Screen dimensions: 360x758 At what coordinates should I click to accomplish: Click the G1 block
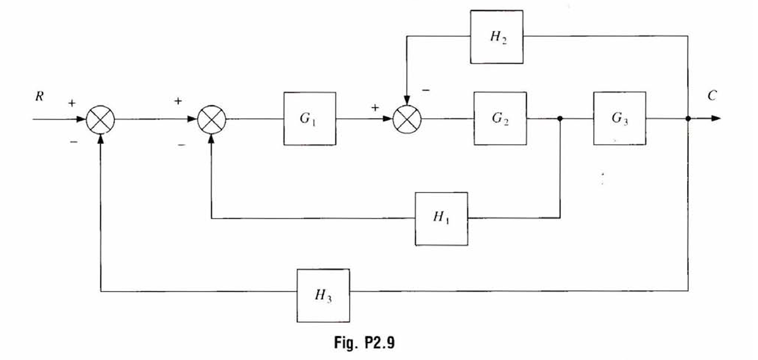click(x=309, y=118)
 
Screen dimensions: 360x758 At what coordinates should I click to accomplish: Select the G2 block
click(x=500, y=118)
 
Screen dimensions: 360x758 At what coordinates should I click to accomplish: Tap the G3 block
click(x=619, y=118)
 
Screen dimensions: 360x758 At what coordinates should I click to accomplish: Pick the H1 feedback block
click(x=441, y=218)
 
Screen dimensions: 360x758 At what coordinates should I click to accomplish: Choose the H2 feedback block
click(x=496, y=37)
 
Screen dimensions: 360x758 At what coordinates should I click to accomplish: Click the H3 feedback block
click(x=323, y=295)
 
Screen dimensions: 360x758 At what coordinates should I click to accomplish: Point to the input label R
click(x=39, y=97)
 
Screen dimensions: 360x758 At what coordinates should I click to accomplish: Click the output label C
click(x=712, y=96)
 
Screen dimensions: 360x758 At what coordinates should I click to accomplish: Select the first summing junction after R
click(x=100, y=119)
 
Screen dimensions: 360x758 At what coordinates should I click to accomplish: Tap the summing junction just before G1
click(x=211, y=119)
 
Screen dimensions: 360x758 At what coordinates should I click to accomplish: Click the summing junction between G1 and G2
click(x=407, y=119)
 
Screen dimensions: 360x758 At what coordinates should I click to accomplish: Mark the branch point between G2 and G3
click(x=560, y=118)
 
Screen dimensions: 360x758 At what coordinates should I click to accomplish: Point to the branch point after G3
click(x=688, y=118)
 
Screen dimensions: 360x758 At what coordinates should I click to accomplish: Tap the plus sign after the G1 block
click(x=375, y=108)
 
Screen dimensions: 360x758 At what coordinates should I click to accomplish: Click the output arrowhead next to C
click(x=716, y=118)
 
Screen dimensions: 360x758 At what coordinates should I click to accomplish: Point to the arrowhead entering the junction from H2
click(x=407, y=100)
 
